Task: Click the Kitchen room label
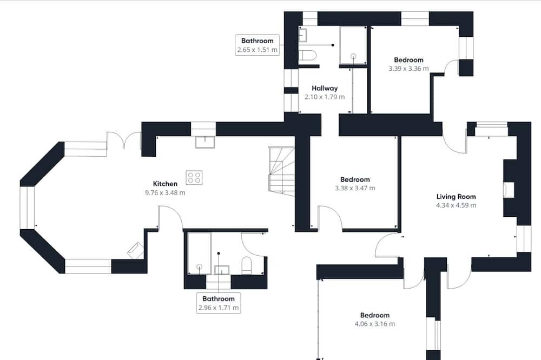point(165,184)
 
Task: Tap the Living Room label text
point(456,197)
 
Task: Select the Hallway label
point(325,88)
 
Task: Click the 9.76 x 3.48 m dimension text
point(165,193)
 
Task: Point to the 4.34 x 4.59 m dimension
point(456,205)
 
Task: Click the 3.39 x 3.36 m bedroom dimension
point(408,69)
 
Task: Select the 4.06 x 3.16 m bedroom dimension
point(375,324)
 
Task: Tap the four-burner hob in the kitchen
point(194,178)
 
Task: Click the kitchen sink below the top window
point(205,142)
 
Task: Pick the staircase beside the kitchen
point(281,171)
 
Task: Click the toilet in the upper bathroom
point(307,56)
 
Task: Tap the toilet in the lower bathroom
point(247,265)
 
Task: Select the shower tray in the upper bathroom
point(353,45)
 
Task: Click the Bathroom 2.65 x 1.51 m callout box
point(258,45)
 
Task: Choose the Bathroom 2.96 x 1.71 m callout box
point(219,303)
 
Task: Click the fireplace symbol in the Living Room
point(509,190)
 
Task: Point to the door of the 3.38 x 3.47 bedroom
point(329,218)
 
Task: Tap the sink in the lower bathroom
point(222,270)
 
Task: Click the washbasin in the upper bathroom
point(302,35)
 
